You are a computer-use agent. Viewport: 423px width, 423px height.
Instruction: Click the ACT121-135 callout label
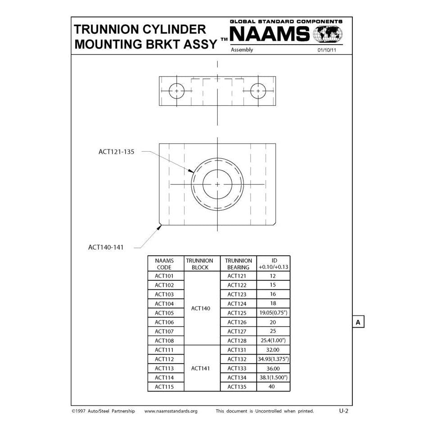click(x=116, y=152)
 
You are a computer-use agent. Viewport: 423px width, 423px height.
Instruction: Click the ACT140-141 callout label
click(x=106, y=247)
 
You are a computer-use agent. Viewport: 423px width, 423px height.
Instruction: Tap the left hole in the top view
click(x=177, y=91)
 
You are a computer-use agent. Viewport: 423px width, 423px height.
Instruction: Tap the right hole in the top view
click(x=258, y=91)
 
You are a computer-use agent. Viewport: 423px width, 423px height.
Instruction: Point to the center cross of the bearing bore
click(x=217, y=184)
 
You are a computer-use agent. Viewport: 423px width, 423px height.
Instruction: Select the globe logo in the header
click(x=328, y=34)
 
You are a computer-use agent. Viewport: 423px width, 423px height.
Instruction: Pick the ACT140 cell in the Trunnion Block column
click(x=200, y=309)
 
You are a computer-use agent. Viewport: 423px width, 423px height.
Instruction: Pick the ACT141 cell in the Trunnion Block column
click(x=200, y=368)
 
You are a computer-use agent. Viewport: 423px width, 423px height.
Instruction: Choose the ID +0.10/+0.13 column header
click(x=273, y=264)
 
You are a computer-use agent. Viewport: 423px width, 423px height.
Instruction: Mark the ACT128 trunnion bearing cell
click(x=238, y=341)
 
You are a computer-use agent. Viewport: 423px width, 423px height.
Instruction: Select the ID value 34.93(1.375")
click(x=273, y=359)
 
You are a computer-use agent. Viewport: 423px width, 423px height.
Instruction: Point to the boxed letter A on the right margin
click(x=358, y=322)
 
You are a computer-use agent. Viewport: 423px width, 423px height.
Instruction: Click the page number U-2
click(x=344, y=411)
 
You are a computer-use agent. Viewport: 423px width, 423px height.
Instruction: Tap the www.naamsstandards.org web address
click(x=171, y=411)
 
